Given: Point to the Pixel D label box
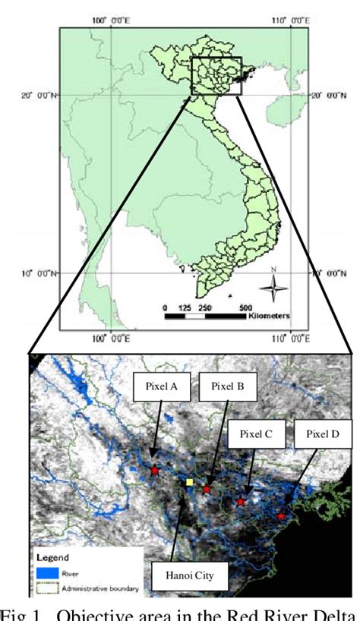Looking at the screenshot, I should click(323, 435).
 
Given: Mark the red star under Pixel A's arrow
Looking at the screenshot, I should click(155, 471).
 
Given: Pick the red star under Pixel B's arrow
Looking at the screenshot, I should click(207, 490).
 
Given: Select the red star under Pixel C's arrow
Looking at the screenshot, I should click(241, 502).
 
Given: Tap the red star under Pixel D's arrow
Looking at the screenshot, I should click(282, 516).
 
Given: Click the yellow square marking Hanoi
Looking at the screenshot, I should click(190, 481).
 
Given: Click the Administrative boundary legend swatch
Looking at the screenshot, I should click(45, 586).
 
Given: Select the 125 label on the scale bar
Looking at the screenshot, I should click(184, 307).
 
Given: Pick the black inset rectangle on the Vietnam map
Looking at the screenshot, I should click(216, 76).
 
